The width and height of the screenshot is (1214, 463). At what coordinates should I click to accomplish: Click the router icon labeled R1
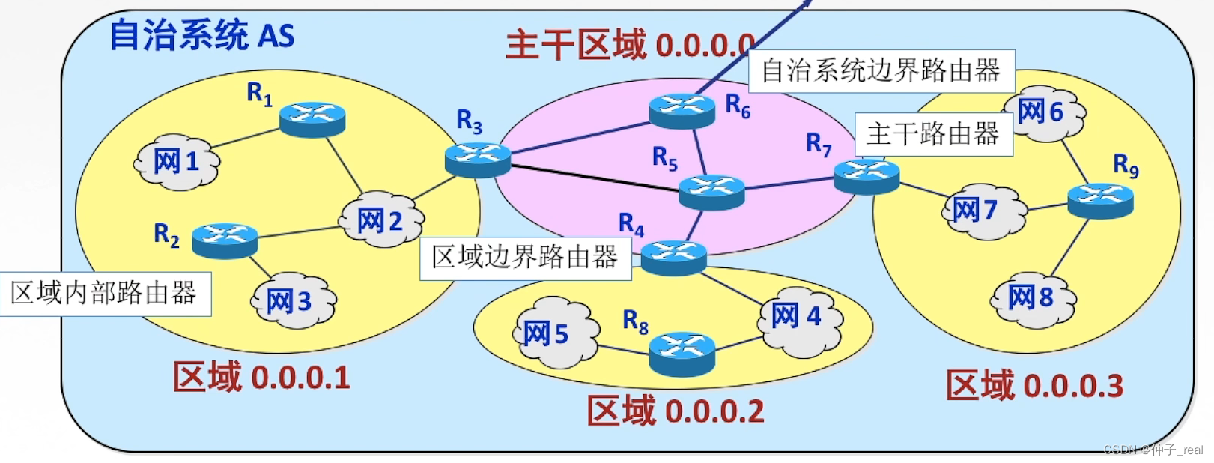click(312, 118)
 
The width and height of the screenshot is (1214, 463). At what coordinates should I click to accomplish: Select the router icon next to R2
click(225, 240)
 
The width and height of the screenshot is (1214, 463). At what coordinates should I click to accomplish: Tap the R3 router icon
click(478, 159)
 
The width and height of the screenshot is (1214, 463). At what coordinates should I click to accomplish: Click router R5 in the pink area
click(711, 191)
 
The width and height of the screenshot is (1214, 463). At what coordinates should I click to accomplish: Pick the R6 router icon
click(682, 110)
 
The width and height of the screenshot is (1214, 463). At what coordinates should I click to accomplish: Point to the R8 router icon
click(682, 353)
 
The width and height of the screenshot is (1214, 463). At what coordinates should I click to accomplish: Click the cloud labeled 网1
click(177, 161)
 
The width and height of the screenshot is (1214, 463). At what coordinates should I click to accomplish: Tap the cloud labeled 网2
click(380, 220)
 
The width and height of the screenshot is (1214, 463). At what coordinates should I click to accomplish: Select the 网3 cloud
click(291, 301)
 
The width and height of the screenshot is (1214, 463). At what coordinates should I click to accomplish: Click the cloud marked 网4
click(798, 316)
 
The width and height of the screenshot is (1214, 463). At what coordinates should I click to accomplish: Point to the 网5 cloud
click(554, 333)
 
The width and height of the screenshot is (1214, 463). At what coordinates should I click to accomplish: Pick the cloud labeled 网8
click(1032, 297)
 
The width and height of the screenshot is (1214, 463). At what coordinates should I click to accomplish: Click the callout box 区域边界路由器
click(525, 258)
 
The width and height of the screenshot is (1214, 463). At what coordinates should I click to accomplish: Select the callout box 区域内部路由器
click(104, 293)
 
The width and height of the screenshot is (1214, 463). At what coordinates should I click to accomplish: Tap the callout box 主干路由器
click(933, 135)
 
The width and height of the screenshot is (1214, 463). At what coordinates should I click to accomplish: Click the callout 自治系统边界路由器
click(881, 71)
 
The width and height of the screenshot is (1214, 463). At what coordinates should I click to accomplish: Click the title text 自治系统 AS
click(202, 36)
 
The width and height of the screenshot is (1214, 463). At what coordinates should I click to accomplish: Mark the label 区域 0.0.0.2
click(676, 411)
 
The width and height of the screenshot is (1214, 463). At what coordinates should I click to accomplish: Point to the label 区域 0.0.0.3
click(1034, 385)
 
